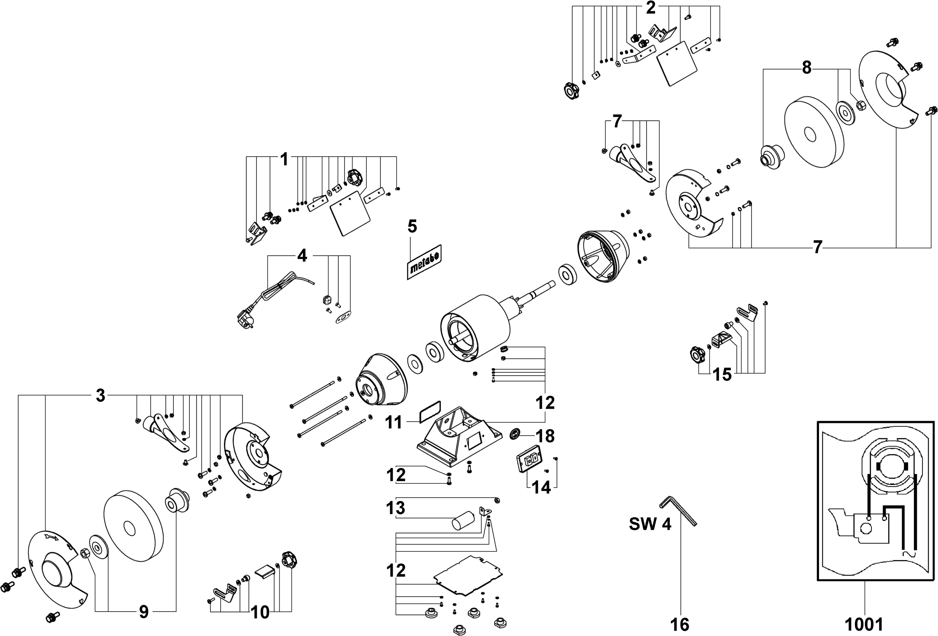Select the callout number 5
pos(412,227)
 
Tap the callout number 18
pos(545,436)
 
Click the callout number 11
pos(394,422)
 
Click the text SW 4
pos(650,524)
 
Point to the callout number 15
pos(722,374)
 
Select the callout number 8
pos(806,68)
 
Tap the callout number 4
pos(302,255)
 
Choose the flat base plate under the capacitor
pos(469,576)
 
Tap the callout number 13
pos(395,508)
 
